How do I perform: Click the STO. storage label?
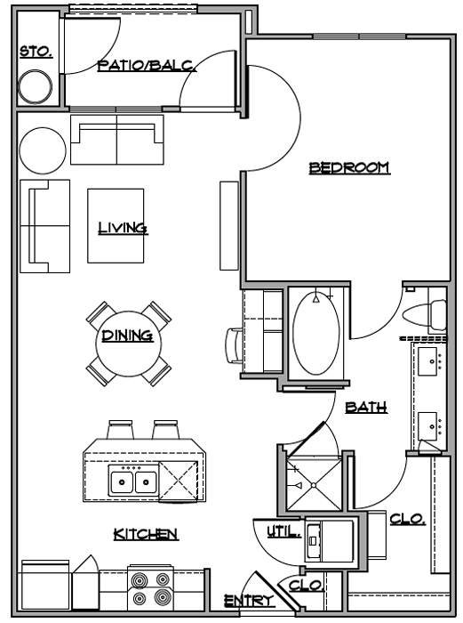(x=36, y=53)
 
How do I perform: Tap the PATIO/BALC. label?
(x=147, y=65)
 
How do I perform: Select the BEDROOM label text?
(x=349, y=167)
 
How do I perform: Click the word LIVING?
(x=123, y=228)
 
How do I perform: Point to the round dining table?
(x=127, y=343)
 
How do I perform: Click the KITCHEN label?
(x=146, y=534)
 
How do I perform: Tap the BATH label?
(x=366, y=408)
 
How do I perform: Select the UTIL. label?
(x=283, y=531)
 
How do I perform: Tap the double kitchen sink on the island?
(x=134, y=481)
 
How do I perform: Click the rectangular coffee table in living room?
(x=116, y=227)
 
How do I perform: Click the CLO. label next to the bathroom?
(x=407, y=519)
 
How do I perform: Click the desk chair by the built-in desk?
(x=234, y=345)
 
